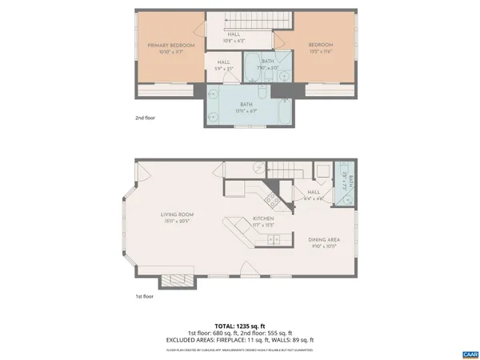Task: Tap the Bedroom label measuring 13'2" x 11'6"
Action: coord(321,47)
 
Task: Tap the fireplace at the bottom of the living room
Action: coord(174,280)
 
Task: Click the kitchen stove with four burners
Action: coord(273,201)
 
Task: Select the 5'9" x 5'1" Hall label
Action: coord(224,64)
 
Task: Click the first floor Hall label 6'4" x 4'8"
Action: coord(314,195)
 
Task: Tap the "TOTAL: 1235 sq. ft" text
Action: coord(239,326)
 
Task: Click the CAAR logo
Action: coord(470,353)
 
